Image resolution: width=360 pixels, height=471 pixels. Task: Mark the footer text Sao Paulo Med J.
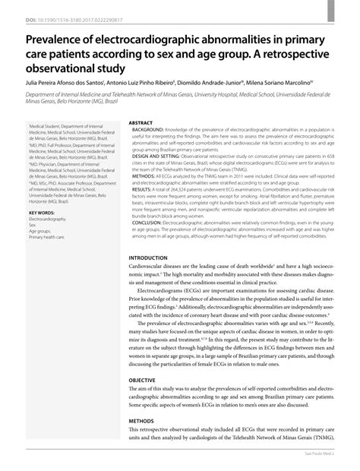(330, 463)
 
